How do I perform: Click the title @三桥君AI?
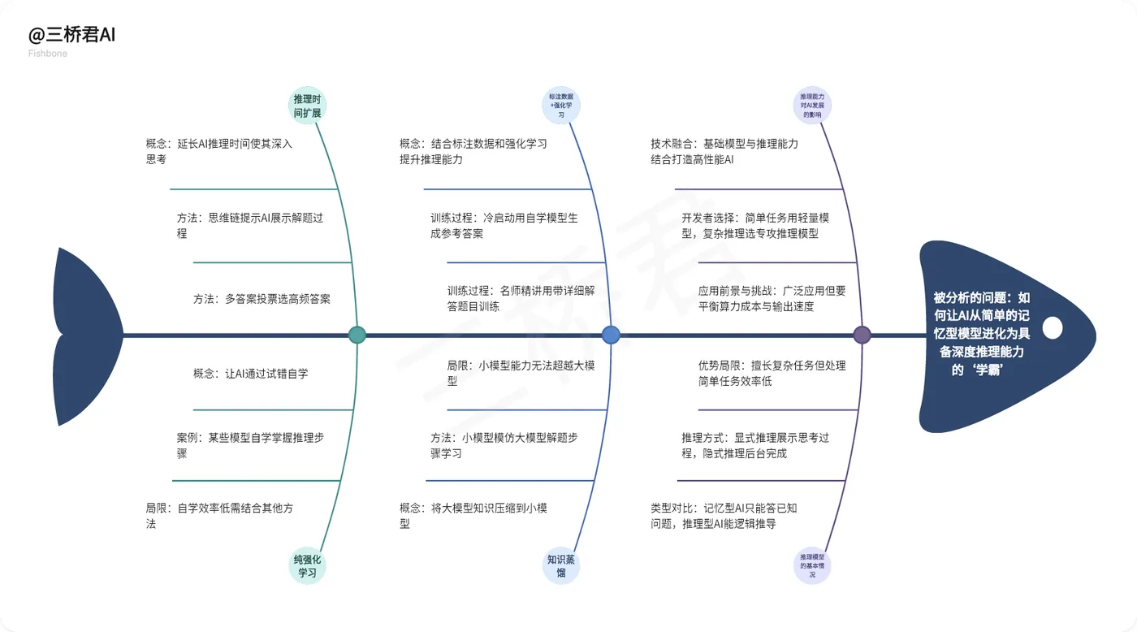[72, 36]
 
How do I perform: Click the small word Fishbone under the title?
[49, 54]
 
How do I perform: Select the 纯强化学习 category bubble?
[308, 565]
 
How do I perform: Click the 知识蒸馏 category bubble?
[561, 565]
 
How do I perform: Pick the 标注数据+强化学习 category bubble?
[561, 106]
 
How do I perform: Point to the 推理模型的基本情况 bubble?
[812, 565]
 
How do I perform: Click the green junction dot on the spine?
[357, 335]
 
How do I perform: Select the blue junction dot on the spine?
[611, 335]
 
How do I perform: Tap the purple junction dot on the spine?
[862, 335]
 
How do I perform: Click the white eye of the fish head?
[1052, 328]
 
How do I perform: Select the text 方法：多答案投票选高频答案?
[262, 299]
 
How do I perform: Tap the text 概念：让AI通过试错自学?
[250, 374]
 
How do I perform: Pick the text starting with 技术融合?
[724, 151]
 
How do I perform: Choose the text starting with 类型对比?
[724, 516]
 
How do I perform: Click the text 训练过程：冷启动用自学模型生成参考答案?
[504, 226]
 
